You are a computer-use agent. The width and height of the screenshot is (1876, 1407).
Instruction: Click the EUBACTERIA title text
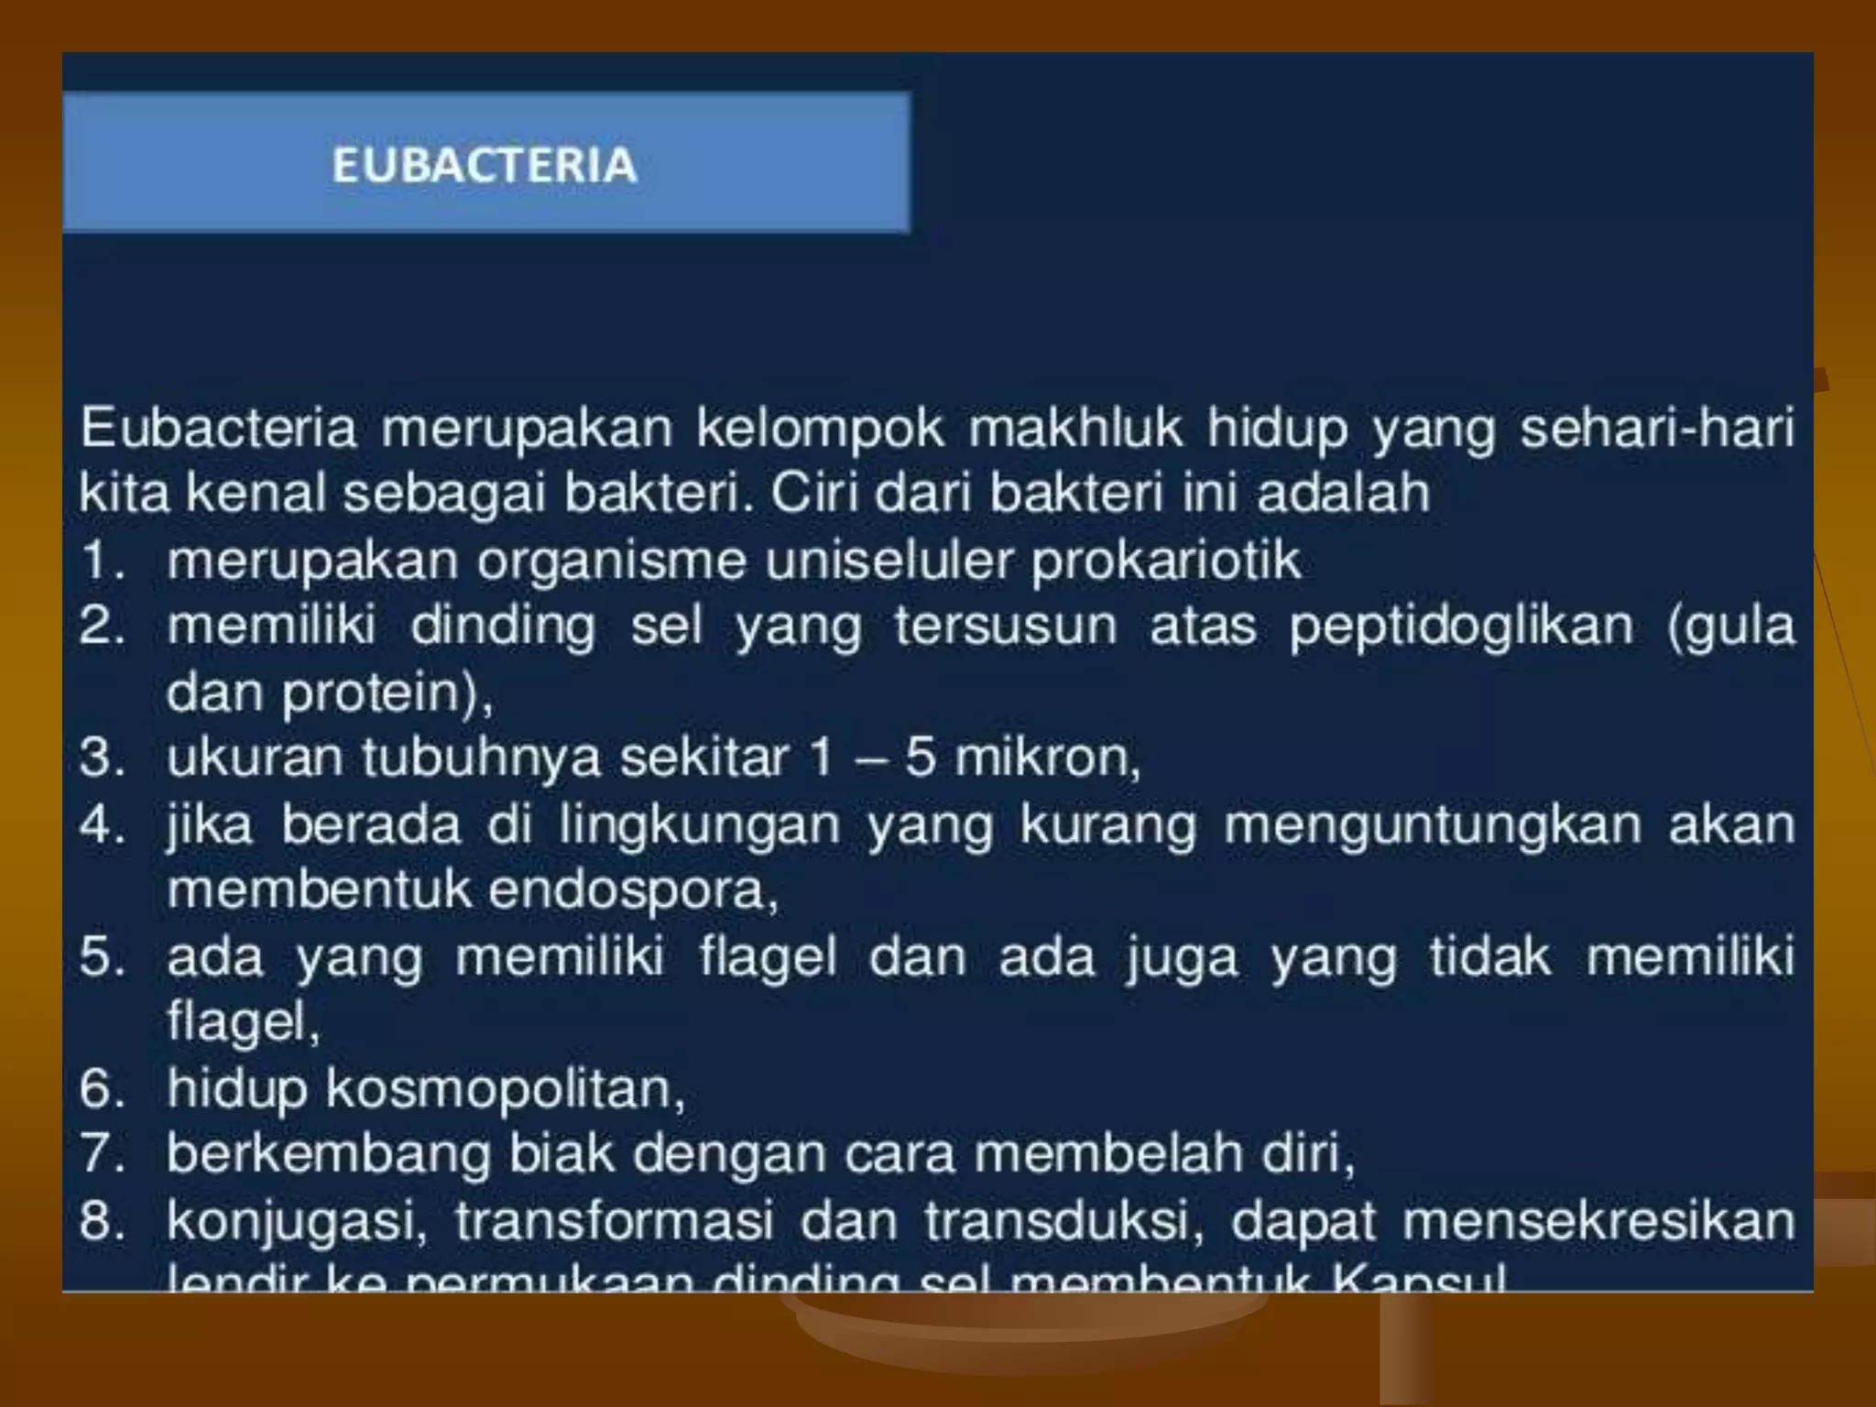[484, 166]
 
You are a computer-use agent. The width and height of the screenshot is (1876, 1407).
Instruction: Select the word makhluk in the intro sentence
[1074, 429]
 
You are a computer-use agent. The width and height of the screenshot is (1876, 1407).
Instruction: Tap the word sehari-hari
[1656, 429]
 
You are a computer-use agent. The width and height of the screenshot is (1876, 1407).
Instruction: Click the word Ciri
[814, 494]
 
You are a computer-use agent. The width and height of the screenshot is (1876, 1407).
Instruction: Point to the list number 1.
[101, 560]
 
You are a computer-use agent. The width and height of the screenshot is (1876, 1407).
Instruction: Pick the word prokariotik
[1165, 561]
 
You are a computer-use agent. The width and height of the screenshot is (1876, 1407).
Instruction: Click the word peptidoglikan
[1461, 627]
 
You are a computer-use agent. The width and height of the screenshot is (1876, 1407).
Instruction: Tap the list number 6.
[101, 1089]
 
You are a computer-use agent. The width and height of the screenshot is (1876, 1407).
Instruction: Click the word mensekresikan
[1598, 1221]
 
